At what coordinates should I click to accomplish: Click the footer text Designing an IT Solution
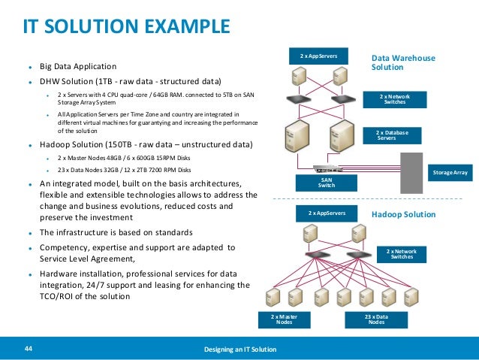(239, 350)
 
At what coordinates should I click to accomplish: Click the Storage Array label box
(451, 173)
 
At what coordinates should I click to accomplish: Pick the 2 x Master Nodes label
(284, 320)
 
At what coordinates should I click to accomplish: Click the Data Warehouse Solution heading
(403, 62)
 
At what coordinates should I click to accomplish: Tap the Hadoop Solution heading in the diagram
(403, 214)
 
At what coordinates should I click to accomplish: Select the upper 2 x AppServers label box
(319, 56)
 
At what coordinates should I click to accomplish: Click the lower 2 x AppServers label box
(327, 213)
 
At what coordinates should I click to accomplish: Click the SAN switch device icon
(328, 170)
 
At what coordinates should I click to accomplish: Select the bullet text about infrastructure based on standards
(116, 231)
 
